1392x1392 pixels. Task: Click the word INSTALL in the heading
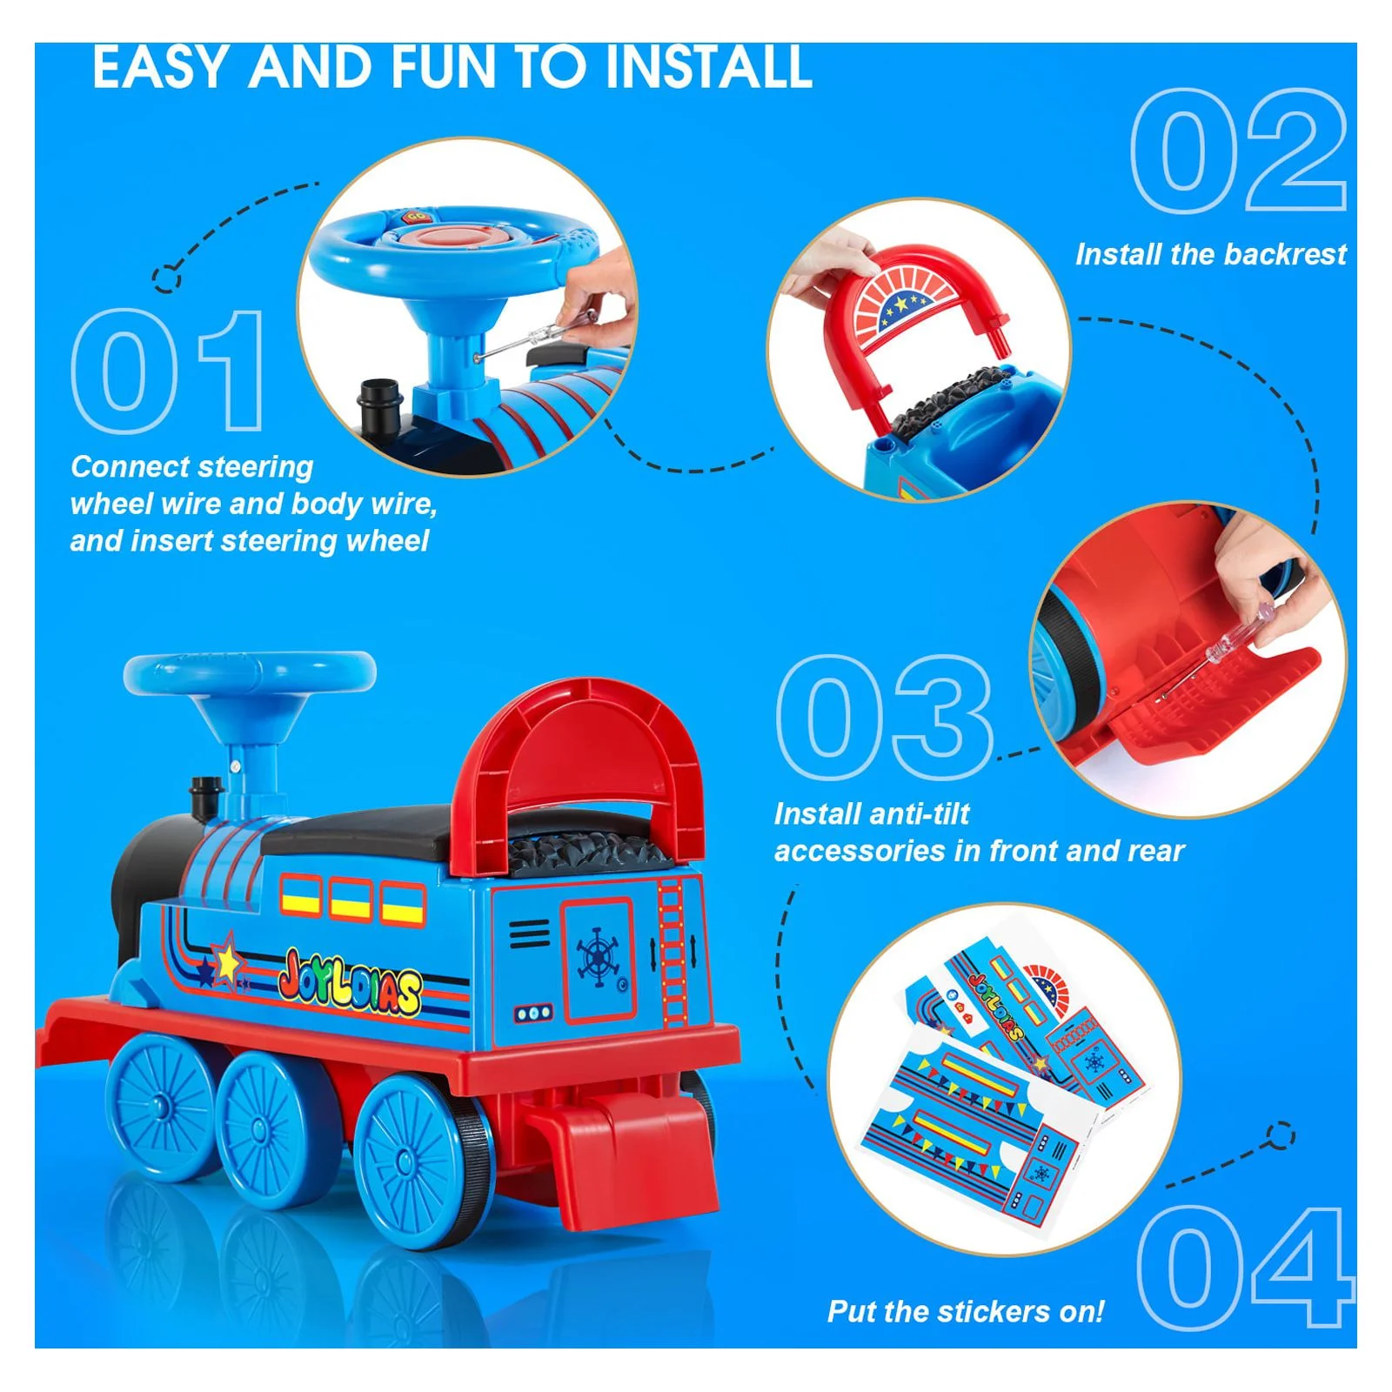(x=709, y=67)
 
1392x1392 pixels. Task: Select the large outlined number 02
(x=1239, y=151)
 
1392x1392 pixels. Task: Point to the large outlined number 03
(x=885, y=718)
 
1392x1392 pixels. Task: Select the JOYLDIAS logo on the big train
(x=350, y=985)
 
